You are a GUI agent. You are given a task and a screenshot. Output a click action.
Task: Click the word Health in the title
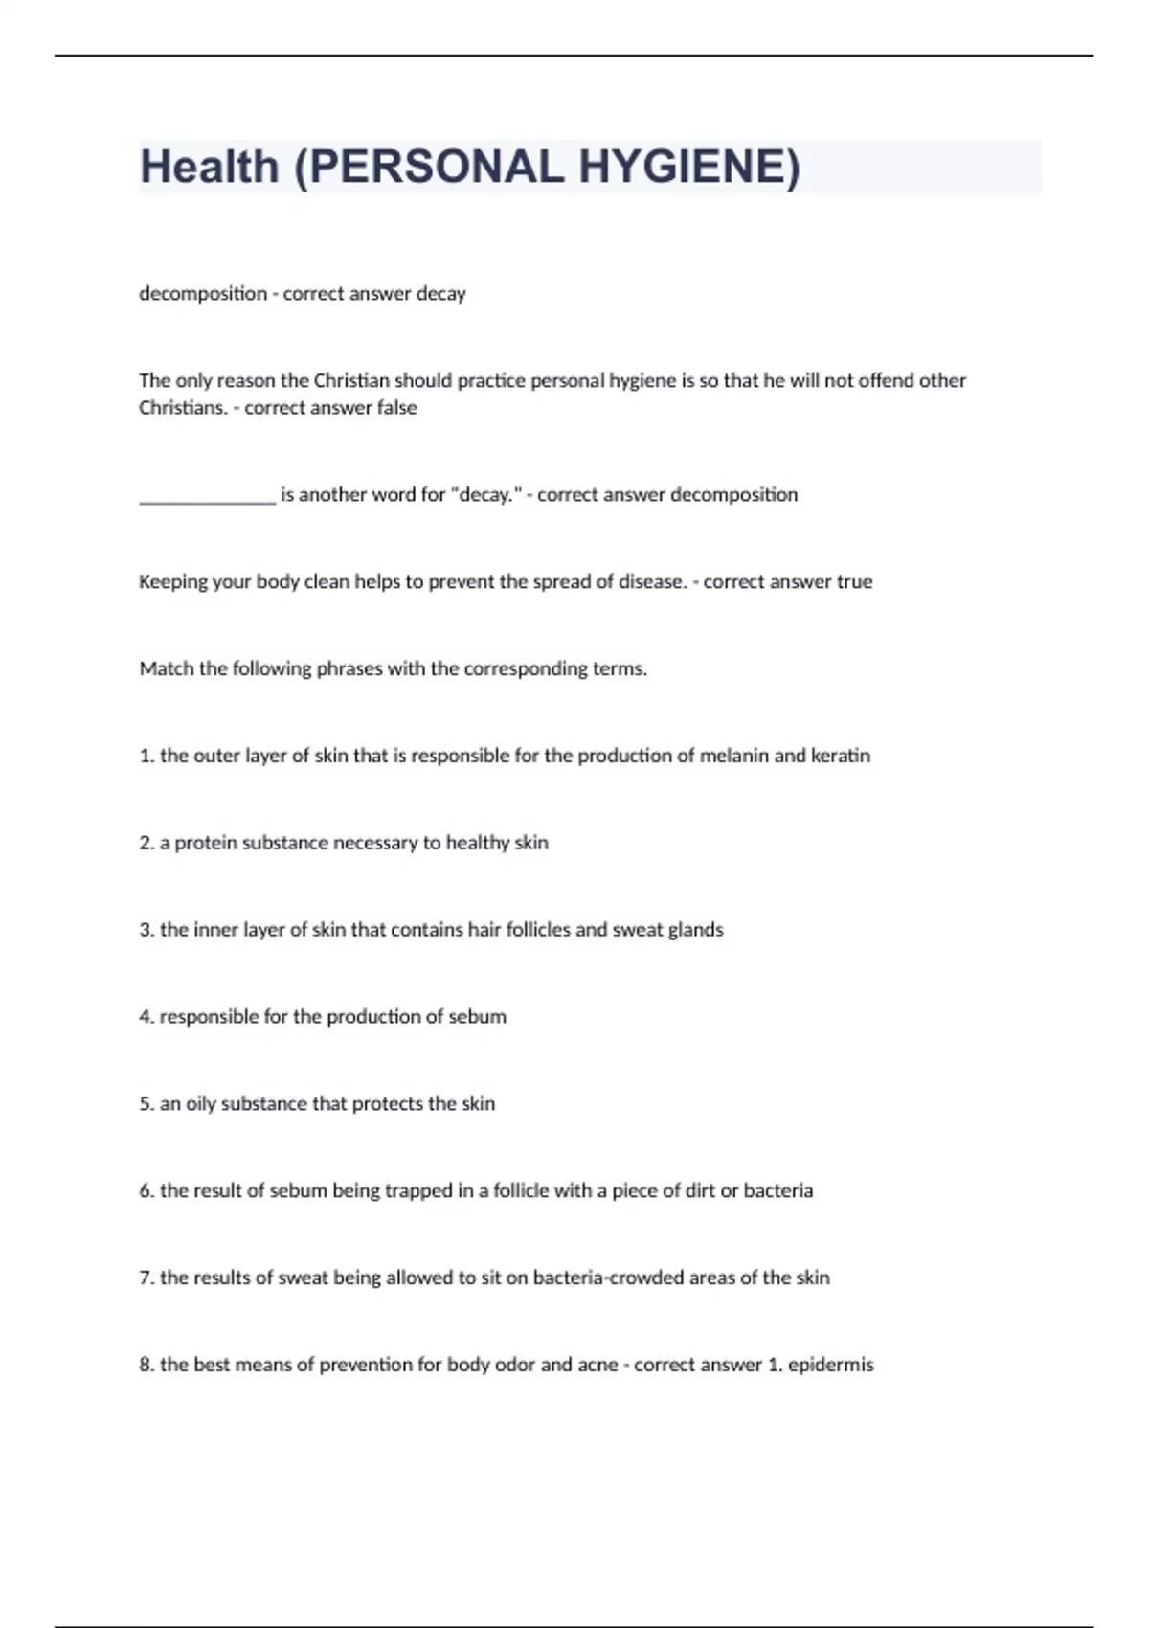(210, 168)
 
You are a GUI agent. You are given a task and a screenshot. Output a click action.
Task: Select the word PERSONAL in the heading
(436, 168)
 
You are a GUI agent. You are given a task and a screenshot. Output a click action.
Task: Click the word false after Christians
(396, 408)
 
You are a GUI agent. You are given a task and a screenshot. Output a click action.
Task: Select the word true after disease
(854, 582)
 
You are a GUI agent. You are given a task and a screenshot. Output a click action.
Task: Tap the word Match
(166, 669)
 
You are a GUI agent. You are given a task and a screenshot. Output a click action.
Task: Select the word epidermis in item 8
(830, 1366)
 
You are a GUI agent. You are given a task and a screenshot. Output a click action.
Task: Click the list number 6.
(146, 1191)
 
